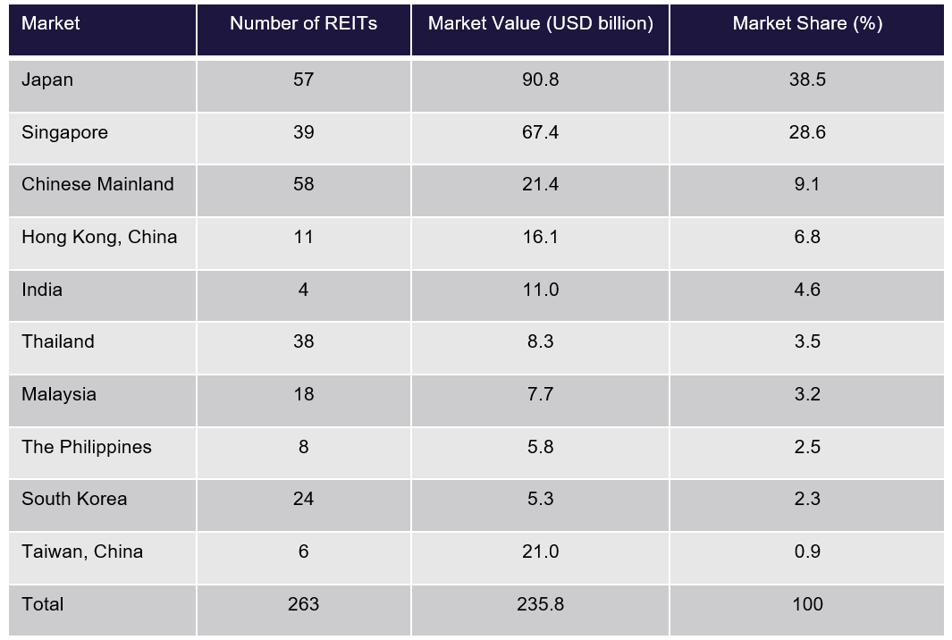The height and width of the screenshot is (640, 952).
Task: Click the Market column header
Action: pos(50,23)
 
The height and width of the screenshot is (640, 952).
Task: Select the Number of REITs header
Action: pos(303,23)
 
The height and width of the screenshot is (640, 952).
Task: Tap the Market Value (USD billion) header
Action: pos(540,23)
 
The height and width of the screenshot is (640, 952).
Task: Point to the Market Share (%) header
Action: pos(806,23)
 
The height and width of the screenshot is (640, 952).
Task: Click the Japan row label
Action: pos(47,80)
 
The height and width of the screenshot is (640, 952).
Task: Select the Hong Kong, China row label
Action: pos(99,237)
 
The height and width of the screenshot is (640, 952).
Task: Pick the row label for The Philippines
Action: pos(87,447)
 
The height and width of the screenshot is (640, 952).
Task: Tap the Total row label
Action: pos(43,604)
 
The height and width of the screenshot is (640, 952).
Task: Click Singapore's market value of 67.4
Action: pos(540,132)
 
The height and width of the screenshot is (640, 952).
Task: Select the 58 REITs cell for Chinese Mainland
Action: pos(303,184)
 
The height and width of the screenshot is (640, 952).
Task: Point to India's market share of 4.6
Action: pos(806,290)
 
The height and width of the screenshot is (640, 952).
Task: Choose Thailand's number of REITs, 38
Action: pos(303,341)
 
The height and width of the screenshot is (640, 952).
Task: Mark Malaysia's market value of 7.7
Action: pos(540,394)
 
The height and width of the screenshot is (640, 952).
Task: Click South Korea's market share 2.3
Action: pos(806,499)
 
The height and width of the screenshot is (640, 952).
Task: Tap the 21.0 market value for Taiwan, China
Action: pos(540,552)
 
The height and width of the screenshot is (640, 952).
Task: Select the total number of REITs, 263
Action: pos(303,604)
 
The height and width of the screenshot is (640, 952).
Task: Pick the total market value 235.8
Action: pos(540,604)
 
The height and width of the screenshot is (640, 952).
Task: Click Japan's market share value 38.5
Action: pos(806,80)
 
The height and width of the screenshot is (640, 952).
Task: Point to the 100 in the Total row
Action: pos(806,604)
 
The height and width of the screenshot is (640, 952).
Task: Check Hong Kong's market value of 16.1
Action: pos(540,237)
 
